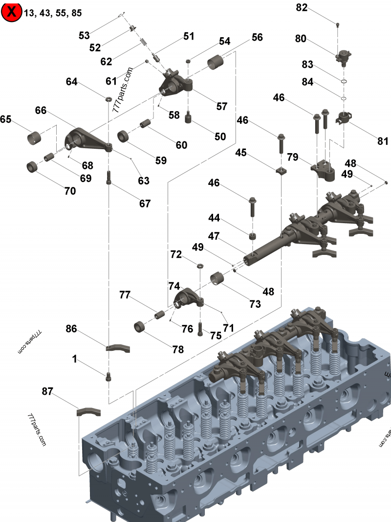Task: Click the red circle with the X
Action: [x=11, y=12]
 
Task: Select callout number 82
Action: [x=302, y=8]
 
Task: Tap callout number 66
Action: [x=41, y=110]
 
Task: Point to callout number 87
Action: [x=47, y=391]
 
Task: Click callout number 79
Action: [x=293, y=157]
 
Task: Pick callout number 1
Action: [x=74, y=359]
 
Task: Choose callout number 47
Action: [x=214, y=236]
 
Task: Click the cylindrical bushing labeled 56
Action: [x=215, y=62]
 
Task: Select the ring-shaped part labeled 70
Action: [x=33, y=166]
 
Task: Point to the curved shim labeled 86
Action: [x=118, y=348]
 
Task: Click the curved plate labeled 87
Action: [x=89, y=412]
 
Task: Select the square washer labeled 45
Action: [x=282, y=171]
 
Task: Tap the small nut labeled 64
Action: [x=109, y=99]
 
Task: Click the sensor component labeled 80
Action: [x=343, y=56]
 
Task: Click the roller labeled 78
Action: [x=140, y=327]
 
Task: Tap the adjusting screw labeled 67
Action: [x=109, y=178]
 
